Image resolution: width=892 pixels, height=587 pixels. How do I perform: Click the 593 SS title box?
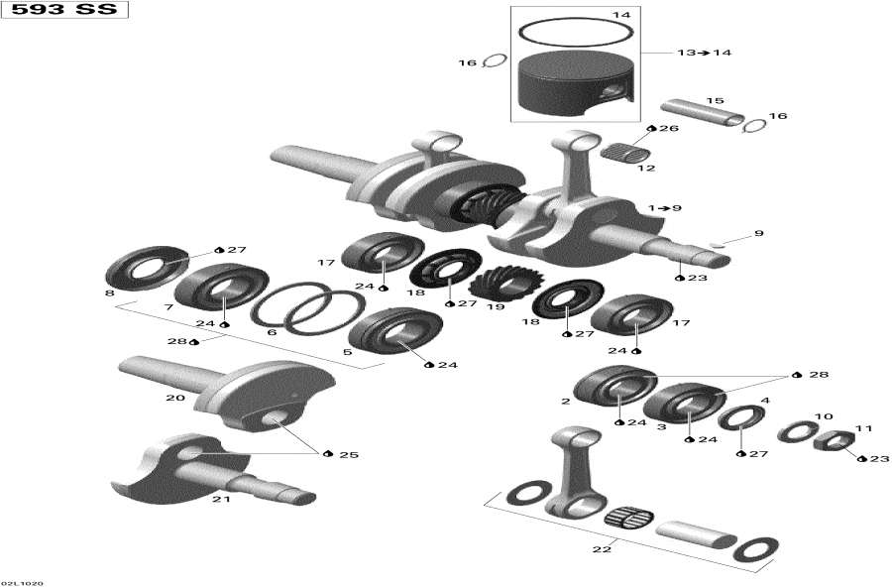tap(64, 13)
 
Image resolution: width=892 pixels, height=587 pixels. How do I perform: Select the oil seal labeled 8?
tap(147, 269)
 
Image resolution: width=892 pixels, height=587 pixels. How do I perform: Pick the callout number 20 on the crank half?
tap(174, 399)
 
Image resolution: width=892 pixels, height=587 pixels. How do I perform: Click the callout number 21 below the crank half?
tap(221, 499)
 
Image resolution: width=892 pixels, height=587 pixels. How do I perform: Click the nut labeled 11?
tap(835, 440)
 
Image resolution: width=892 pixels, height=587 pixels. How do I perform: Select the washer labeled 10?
tap(798, 431)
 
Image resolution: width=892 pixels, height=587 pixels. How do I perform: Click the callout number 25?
tap(348, 455)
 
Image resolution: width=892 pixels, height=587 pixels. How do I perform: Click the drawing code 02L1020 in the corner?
tap(22, 582)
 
